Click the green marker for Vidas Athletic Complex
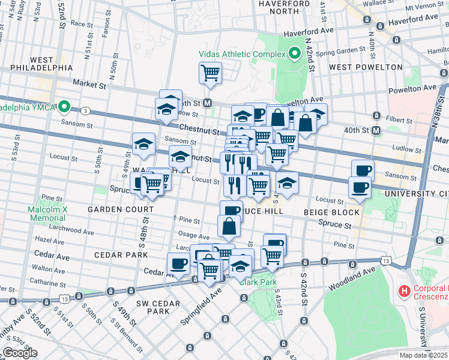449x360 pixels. point(294,55)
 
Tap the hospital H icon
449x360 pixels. point(404,292)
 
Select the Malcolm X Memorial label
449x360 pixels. point(46,214)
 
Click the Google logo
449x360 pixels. point(20,353)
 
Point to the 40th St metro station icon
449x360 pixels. point(377,130)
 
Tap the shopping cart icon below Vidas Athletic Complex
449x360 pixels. point(210,73)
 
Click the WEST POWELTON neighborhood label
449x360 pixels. point(366,67)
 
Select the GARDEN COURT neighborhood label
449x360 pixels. point(121,209)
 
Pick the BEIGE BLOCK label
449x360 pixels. point(331,212)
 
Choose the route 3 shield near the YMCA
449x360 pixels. point(86,110)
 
